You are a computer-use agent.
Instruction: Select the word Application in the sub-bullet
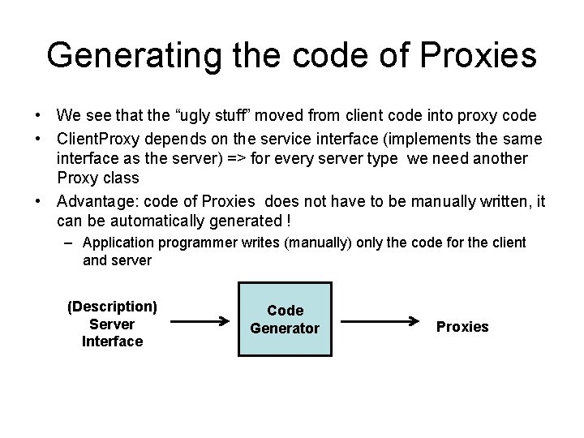pos(118,243)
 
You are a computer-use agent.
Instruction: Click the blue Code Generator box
pos(285,320)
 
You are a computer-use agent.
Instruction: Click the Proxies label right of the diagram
pos(462,327)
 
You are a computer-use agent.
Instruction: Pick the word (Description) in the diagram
pos(112,306)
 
